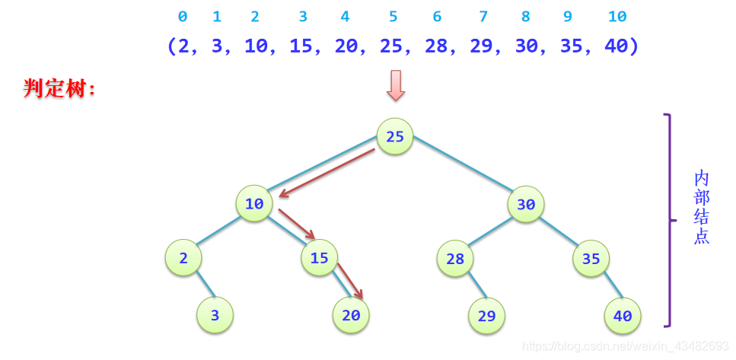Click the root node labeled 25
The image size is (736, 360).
click(395, 137)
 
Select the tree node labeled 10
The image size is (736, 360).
click(254, 204)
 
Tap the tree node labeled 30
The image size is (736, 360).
click(526, 205)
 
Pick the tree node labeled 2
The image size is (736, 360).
click(183, 258)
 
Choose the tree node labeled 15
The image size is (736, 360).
click(320, 258)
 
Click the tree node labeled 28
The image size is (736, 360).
click(455, 259)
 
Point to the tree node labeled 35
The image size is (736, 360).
click(591, 259)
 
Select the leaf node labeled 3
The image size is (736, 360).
click(215, 315)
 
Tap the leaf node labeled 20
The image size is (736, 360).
click(351, 315)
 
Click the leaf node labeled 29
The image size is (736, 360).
click(487, 316)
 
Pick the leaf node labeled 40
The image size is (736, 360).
click(623, 316)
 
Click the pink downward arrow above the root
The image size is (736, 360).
click(396, 85)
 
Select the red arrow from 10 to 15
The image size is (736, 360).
click(296, 224)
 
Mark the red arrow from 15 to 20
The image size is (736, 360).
click(349, 282)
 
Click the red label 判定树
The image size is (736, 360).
click(60, 88)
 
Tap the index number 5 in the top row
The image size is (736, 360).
click(393, 17)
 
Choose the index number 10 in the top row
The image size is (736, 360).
click(618, 17)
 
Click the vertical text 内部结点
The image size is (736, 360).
click(702, 207)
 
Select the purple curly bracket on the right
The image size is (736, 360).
click(669, 221)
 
